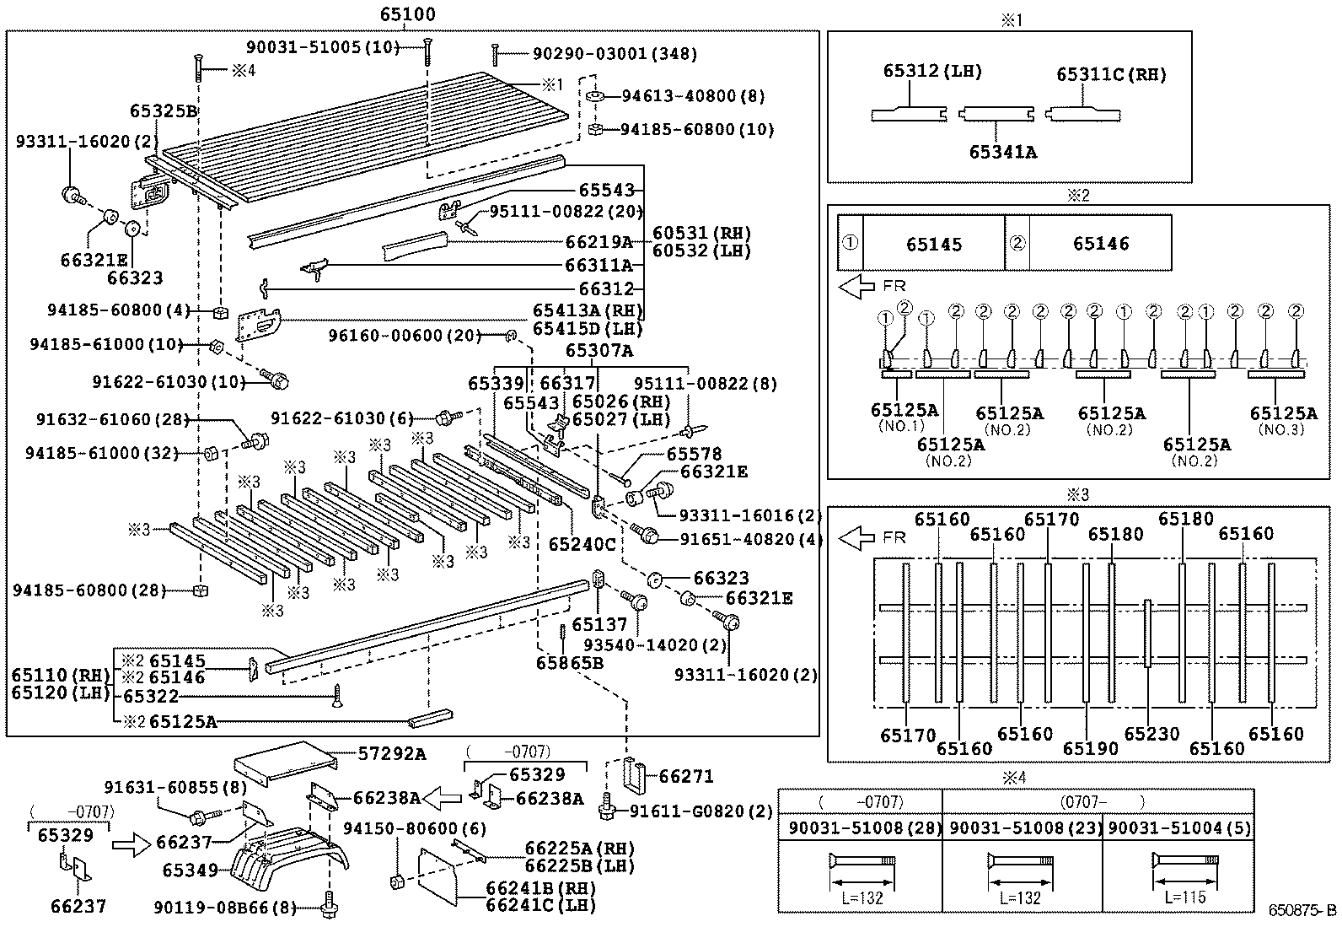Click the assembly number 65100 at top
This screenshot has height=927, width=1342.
407,14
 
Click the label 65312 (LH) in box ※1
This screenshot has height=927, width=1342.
932,72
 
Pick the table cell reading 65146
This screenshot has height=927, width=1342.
1101,244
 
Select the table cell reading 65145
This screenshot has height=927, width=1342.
934,244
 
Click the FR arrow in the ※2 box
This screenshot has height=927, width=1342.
857,287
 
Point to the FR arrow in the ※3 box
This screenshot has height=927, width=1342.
857,536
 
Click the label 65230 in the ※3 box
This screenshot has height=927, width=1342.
1151,734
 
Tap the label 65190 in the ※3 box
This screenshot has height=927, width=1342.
1090,748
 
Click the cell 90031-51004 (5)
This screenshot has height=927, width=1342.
1178,828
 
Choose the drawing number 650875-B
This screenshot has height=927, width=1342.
1303,911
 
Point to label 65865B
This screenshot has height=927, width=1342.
569,663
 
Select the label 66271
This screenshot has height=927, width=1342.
686,776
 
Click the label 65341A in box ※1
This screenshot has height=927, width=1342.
1001,152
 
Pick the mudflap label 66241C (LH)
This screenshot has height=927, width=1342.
540,906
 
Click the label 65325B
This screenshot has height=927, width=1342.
163,110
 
